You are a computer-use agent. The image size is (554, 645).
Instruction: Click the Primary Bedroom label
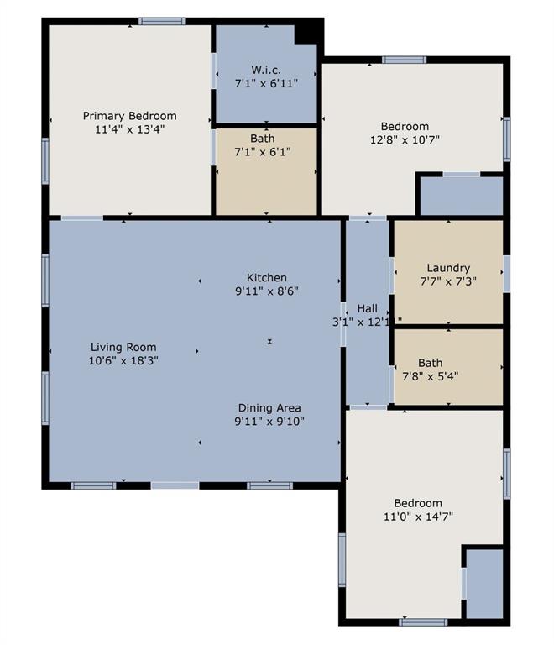pyautogui.click(x=129, y=116)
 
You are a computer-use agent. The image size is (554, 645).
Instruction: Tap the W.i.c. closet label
pyautogui.click(x=265, y=69)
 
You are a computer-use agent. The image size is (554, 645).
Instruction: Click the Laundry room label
pyautogui.click(x=447, y=268)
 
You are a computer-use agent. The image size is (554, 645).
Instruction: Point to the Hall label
pyautogui.click(x=368, y=307)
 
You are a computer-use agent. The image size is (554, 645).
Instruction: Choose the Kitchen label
pyautogui.click(x=266, y=277)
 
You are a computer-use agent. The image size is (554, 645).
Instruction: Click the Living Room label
pyautogui.click(x=124, y=347)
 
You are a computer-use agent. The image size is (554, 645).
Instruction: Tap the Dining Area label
pyautogui.click(x=269, y=407)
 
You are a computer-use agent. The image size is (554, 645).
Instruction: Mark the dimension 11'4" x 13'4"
pyautogui.click(x=129, y=130)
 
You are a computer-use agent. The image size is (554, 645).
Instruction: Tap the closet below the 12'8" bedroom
pyautogui.click(x=461, y=196)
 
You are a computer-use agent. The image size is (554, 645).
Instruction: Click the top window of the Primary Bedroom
pyautogui.click(x=161, y=21)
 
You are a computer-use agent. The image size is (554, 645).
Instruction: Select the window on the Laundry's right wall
pyautogui.click(x=506, y=274)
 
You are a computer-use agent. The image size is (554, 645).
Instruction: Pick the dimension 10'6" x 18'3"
pyautogui.click(x=124, y=360)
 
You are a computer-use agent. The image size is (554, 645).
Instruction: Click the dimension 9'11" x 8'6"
pyautogui.click(x=266, y=291)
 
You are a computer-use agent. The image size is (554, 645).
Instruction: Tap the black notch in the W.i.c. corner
pyautogui.click(x=309, y=31)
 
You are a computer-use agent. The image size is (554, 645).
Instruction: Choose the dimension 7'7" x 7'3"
pyautogui.click(x=447, y=281)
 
